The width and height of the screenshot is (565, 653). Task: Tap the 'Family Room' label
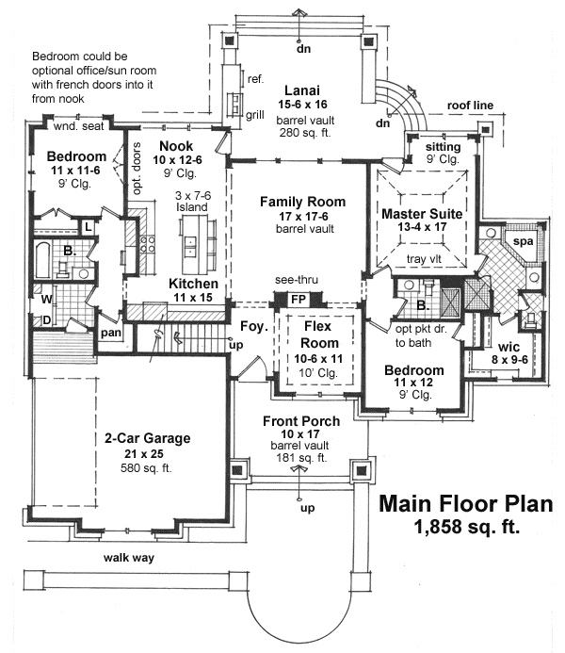(x=302, y=202)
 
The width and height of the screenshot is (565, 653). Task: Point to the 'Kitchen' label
(x=194, y=284)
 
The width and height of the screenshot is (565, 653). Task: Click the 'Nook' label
(x=176, y=146)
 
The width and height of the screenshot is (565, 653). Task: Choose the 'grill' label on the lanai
(x=255, y=115)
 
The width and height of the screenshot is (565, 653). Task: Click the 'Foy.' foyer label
(x=250, y=329)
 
